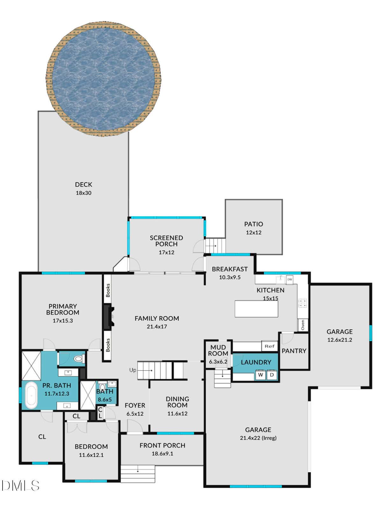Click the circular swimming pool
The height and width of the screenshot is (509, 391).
(103, 79)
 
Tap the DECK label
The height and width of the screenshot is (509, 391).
(83, 185)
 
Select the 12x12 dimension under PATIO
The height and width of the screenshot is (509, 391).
(253, 233)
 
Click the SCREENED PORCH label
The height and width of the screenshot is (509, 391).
(166, 241)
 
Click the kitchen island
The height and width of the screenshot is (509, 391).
(256, 309)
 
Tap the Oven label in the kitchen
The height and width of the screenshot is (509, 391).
(302, 325)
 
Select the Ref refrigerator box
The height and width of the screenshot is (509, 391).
(270, 346)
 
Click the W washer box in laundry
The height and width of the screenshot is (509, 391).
(260, 375)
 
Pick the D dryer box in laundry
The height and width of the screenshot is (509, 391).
(272, 375)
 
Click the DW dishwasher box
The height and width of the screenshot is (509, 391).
(290, 279)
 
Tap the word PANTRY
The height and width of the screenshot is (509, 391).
(294, 351)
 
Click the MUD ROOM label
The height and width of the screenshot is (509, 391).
(218, 351)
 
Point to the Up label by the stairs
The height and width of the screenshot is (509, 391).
(133, 370)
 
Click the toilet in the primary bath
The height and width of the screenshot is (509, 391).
(78, 359)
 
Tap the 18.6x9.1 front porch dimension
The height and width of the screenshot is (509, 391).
(162, 454)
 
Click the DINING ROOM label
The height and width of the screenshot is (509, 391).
(177, 402)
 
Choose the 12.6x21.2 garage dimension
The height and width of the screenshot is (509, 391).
(340, 340)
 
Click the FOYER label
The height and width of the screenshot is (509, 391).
(135, 406)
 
